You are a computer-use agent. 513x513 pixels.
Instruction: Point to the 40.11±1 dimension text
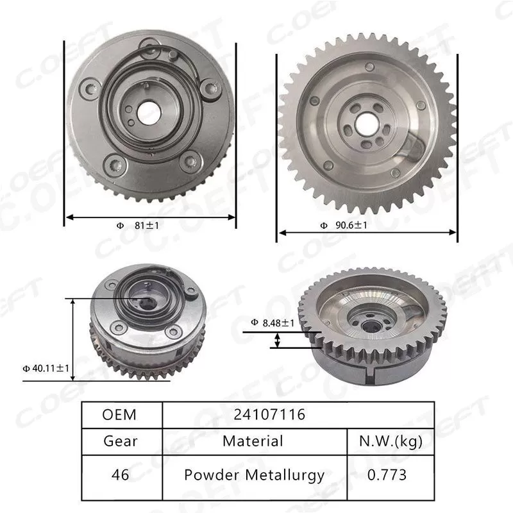pyautogui.click(x=46, y=368)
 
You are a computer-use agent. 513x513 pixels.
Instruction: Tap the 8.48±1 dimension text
pyautogui.click(x=273, y=323)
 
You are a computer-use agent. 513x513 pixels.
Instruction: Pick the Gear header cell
pyautogui.click(x=120, y=441)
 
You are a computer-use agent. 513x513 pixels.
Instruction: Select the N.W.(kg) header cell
pyautogui.click(x=391, y=441)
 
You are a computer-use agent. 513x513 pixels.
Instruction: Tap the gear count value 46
pyautogui.click(x=120, y=475)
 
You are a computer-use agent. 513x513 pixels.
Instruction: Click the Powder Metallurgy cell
pyautogui.click(x=254, y=475)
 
